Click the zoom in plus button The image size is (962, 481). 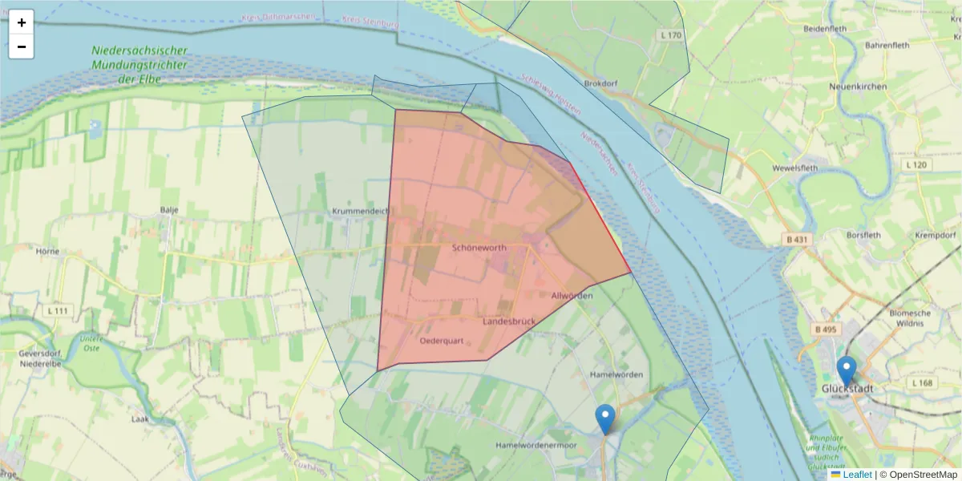click(x=22, y=22)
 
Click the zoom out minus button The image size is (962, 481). click(x=22, y=46)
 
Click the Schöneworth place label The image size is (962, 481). click(x=479, y=249)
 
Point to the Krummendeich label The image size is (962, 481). click(x=360, y=211)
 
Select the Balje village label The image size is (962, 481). click(x=168, y=210)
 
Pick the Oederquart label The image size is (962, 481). click(x=442, y=341)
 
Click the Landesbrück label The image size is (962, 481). click(x=509, y=321)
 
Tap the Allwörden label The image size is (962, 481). click(x=572, y=296)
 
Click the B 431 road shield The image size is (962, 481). click(x=795, y=240)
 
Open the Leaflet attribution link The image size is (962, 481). click(x=856, y=475)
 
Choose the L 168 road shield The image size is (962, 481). click(x=923, y=383)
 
